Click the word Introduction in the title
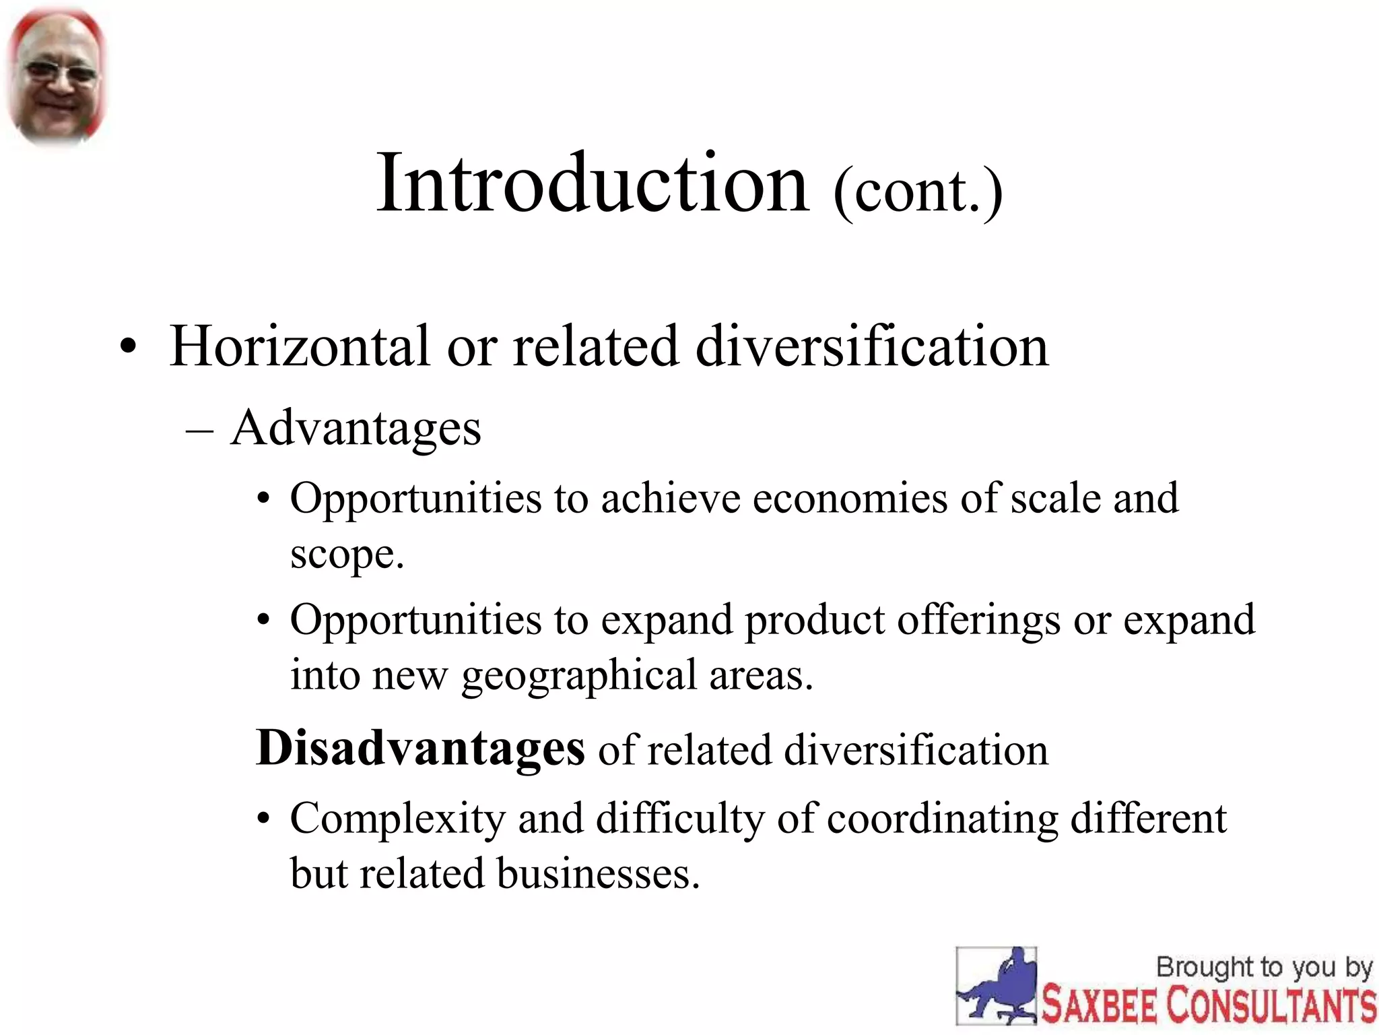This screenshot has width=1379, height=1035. [x=593, y=183]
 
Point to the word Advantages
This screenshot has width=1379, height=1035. [x=356, y=429]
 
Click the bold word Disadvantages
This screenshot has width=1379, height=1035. [x=421, y=749]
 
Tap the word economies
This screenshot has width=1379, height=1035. [x=850, y=499]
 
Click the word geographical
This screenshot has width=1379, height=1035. [x=579, y=677]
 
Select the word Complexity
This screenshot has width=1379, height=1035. [x=397, y=819]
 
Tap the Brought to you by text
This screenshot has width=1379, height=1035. [x=1264, y=968]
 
